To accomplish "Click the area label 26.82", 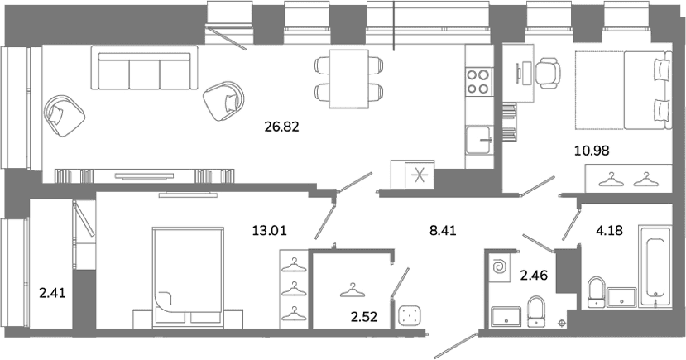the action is (281, 127).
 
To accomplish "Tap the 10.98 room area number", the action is (592, 151).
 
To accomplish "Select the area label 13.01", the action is (270, 230).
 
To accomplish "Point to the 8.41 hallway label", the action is (443, 230).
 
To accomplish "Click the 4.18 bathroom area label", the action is (609, 230).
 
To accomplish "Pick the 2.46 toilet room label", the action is (534, 276).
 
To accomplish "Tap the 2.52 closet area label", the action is (364, 316).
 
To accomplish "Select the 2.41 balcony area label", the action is (52, 293).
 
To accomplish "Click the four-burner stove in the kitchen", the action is (478, 81).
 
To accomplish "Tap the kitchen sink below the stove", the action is (478, 140).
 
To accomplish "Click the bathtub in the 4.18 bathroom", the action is (655, 266).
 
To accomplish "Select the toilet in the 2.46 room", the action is (536, 311).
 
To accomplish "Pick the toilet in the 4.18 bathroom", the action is (596, 290).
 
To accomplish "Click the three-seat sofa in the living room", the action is (144, 67).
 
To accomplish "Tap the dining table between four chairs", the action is (348, 79).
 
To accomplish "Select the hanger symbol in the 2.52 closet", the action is (353, 290).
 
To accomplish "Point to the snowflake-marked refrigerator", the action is (420, 175).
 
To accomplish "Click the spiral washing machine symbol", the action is (499, 266).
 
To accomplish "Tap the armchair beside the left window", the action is (64, 115).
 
